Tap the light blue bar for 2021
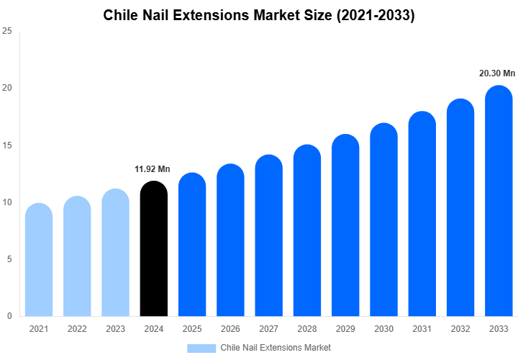click(x=39, y=260)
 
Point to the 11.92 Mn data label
click(x=153, y=169)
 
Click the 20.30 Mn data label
click(x=497, y=73)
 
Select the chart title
click(x=259, y=15)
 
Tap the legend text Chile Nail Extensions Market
click(x=276, y=348)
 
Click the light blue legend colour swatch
click(x=201, y=348)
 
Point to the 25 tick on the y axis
click(x=7, y=31)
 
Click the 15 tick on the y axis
click(x=7, y=145)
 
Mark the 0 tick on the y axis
click(x=9, y=316)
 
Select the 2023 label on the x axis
click(x=115, y=329)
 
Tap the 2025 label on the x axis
click(x=192, y=329)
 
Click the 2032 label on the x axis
click(x=460, y=329)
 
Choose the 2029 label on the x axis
click(x=345, y=329)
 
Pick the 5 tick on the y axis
click(x=9, y=259)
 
